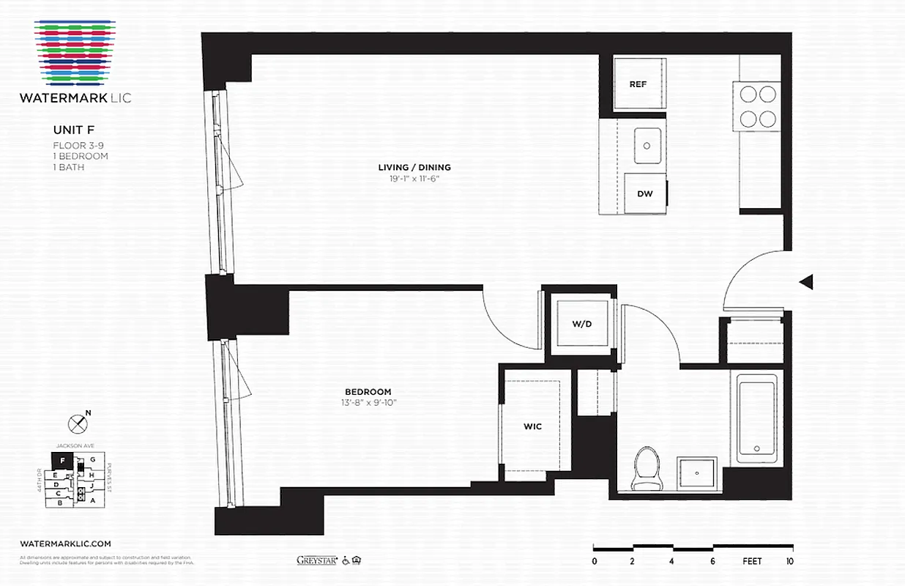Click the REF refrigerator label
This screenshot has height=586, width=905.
click(638, 84)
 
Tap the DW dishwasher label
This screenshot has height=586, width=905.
click(644, 194)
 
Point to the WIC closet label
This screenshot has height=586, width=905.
click(532, 426)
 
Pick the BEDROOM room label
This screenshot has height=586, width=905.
click(368, 392)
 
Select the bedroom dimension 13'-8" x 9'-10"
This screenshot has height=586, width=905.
click(368, 402)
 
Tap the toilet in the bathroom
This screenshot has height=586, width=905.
click(647, 468)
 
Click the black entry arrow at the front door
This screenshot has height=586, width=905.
click(806, 281)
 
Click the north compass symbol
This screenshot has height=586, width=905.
click(78, 423)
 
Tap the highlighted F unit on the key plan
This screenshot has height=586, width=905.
click(63, 461)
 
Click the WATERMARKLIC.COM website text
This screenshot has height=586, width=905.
click(66, 544)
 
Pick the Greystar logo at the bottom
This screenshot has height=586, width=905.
click(316, 560)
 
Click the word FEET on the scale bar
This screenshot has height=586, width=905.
click(751, 562)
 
